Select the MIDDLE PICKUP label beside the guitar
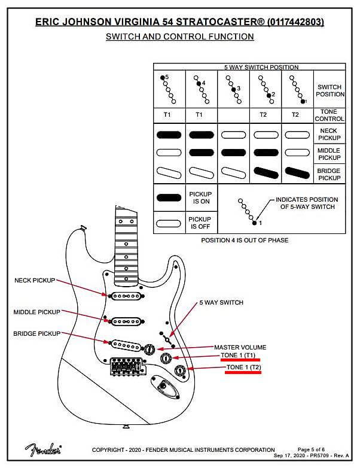[x=38, y=312]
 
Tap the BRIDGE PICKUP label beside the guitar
[x=36, y=333]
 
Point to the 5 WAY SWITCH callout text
[x=221, y=303]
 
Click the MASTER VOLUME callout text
[x=240, y=347]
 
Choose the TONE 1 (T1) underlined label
[x=241, y=357]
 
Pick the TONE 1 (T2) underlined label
[x=243, y=367]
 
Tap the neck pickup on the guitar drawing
[x=125, y=295]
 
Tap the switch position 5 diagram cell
[x=169, y=89]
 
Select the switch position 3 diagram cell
[x=233, y=89]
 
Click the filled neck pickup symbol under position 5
[x=169, y=135]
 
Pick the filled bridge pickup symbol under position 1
[x=297, y=174]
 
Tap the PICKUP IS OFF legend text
[x=200, y=223]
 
